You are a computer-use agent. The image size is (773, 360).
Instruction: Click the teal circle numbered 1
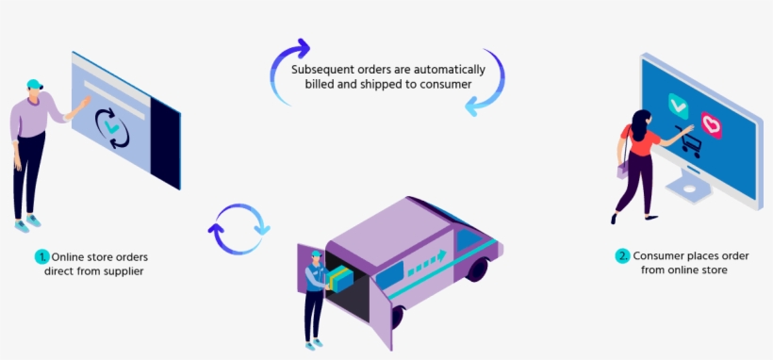click(x=41, y=256)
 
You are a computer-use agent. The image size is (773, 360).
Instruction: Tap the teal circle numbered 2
click(x=622, y=255)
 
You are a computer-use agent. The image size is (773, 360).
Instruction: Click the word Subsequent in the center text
click(x=321, y=70)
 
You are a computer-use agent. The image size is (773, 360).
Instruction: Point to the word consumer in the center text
click(x=446, y=85)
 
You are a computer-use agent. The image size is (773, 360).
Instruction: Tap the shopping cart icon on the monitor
click(x=690, y=143)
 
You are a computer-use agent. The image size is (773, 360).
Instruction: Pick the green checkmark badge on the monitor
click(x=678, y=103)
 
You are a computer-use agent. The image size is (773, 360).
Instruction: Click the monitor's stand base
click(x=695, y=189)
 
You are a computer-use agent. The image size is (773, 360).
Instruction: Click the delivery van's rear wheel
click(x=476, y=268)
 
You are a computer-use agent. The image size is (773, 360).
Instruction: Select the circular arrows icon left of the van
click(x=238, y=228)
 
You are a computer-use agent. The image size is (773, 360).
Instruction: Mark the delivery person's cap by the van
click(x=316, y=254)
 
